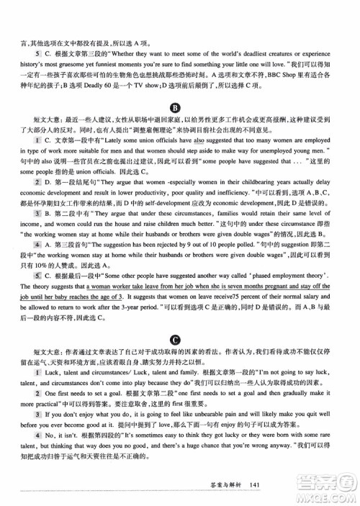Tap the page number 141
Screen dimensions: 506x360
[x=253, y=484]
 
